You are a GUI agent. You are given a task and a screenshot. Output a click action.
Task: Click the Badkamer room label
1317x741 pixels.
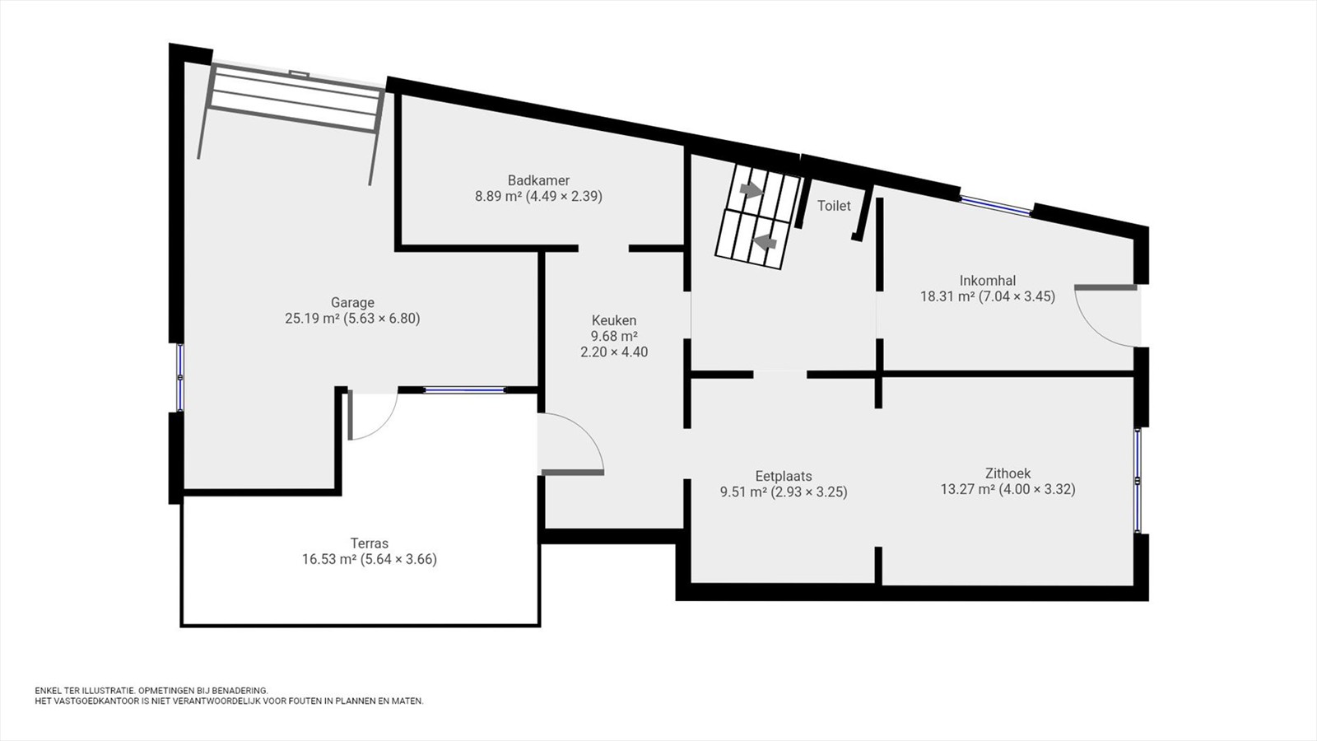[538, 180]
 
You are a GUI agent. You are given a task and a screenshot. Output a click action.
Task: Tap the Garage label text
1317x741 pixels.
[352, 302]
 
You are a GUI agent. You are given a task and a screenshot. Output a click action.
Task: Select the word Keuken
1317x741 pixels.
[614, 320]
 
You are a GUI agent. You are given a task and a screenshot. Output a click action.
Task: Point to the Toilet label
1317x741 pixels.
[834, 206]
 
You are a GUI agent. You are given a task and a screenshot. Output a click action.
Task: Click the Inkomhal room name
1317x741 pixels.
[988, 281]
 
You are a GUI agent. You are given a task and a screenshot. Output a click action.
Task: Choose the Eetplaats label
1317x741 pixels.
[784, 476]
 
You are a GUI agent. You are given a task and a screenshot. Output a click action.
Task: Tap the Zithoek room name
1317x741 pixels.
[1008, 473]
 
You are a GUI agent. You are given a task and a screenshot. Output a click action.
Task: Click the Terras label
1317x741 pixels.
[370, 543]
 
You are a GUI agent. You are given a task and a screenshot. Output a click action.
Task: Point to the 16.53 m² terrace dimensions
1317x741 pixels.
[370, 559]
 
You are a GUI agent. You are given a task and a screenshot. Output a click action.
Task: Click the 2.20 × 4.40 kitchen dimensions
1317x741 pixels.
[614, 352]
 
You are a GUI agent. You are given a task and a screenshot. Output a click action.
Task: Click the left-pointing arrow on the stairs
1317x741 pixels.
[765, 241]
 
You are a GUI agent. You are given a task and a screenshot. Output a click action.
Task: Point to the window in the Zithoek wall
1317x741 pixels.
[1138, 481]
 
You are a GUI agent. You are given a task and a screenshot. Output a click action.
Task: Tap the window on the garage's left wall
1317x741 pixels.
[180, 378]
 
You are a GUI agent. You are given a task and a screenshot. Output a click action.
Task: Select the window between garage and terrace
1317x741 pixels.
[464, 390]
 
